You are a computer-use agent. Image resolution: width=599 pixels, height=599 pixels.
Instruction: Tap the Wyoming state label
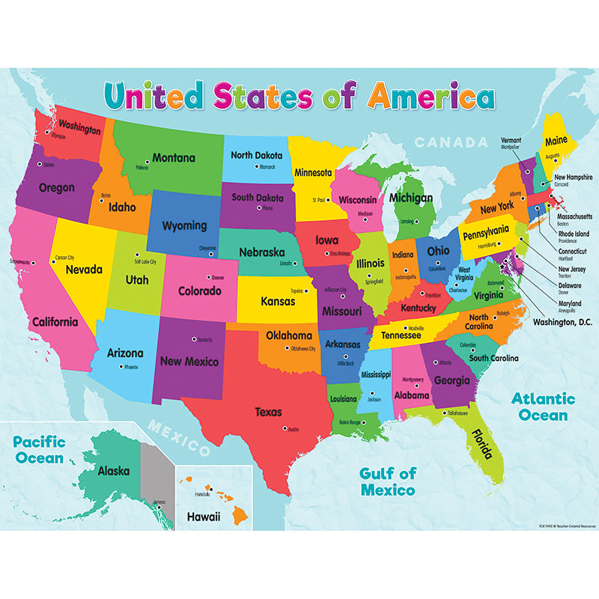pyautogui.click(x=185, y=225)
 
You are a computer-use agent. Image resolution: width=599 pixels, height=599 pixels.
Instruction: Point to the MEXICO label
pyautogui.click(x=178, y=438)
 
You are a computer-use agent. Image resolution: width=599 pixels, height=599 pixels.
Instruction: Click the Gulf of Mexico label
pyautogui.click(x=387, y=481)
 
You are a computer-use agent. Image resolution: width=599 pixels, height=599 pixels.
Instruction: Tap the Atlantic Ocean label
pyautogui.click(x=544, y=407)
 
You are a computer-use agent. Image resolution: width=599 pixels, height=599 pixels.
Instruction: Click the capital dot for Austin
pyautogui.click(x=284, y=428)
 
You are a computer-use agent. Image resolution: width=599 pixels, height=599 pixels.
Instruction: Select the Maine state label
pyautogui.click(x=556, y=140)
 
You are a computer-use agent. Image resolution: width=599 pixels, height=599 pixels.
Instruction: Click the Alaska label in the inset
pyautogui.click(x=114, y=472)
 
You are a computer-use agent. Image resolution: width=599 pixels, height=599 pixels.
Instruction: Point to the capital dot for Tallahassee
pyautogui.click(x=443, y=413)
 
